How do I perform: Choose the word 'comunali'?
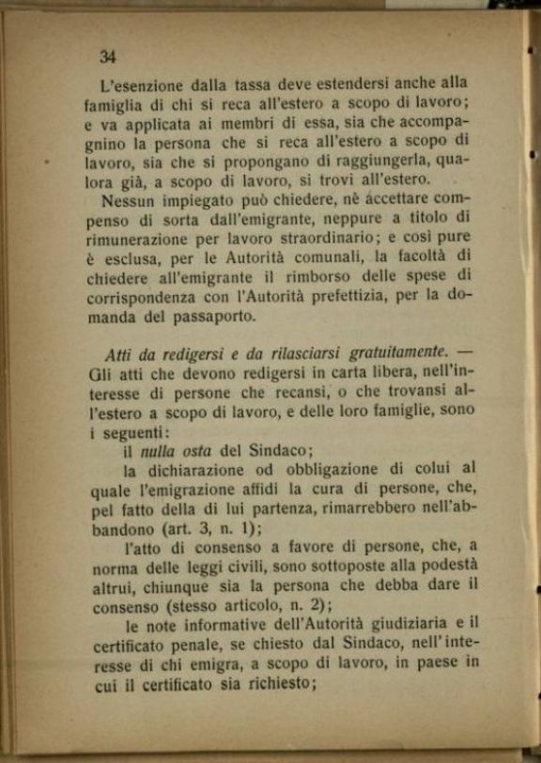(x=332, y=258)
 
